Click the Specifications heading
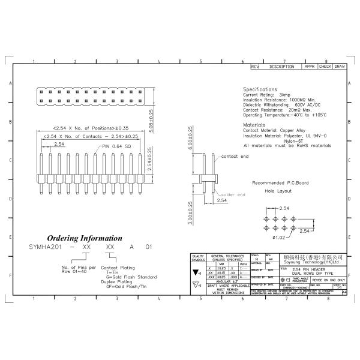pyautogui.click(x=260, y=89)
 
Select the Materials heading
pyautogui.click(x=254, y=125)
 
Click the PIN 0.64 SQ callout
pyautogui.click(x=116, y=146)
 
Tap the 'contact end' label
pyautogui.click(x=235, y=156)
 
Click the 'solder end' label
pyautogui.click(x=233, y=195)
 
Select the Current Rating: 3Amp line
pyautogui.click(x=267, y=95)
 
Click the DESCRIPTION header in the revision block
pyautogui.click(x=281, y=66)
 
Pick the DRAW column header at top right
pyautogui.click(x=340, y=66)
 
